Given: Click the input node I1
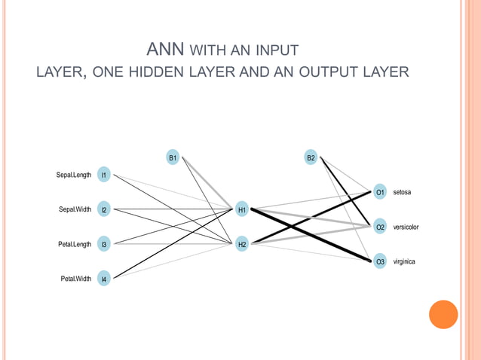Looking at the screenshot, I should pyautogui.click(x=105, y=175).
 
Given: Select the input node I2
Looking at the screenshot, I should pyautogui.click(x=105, y=210).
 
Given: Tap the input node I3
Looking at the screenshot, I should pyautogui.click(x=105, y=245).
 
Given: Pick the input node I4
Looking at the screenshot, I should pyautogui.click(x=105, y=279).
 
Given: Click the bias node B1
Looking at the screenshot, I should pyautogui.click(x=173, y=158).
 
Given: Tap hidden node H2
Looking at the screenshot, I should pyautogui.click(x=242, y=245).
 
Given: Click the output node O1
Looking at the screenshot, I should pyautogui.click(x=380, y=193).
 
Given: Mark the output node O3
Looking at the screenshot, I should pyautogui.click(x=380, y=262).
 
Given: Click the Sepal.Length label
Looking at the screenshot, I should pyautogui.click(x=74, y=175).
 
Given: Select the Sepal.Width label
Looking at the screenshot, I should pyautogui.click(x=75, y=210).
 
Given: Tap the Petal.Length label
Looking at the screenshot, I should pyautogui.click(x=75, y=245).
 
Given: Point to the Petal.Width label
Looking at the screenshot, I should pyautogui.click(x=76, y=279).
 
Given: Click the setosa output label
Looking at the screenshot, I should pyautogui.click(x=402, y=193).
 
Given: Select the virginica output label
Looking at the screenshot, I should pyautogui.click(x=405, y=262).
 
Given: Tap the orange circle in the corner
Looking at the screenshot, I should pyautogui.click(x=443, y=314).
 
